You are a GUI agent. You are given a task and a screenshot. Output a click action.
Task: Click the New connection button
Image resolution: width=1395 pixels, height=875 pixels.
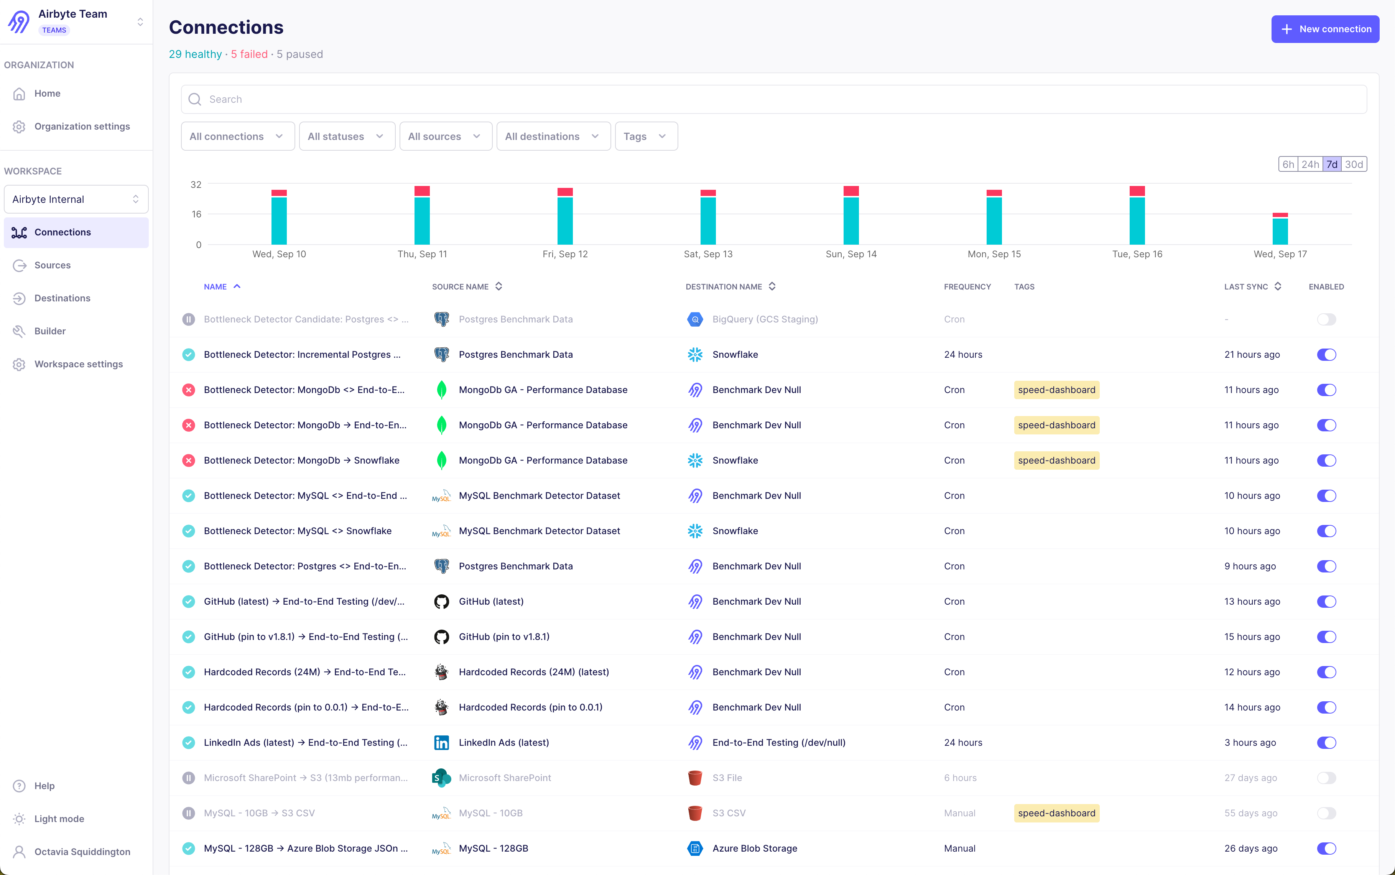1324,29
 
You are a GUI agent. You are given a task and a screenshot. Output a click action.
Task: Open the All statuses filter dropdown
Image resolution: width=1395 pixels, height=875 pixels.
346,137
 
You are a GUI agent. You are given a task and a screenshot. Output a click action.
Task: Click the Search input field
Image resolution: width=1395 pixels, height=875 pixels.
773,100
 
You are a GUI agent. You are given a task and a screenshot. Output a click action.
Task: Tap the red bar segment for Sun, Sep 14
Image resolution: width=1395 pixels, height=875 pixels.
850,191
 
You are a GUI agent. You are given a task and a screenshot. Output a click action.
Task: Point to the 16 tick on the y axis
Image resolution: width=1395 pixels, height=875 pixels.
197,214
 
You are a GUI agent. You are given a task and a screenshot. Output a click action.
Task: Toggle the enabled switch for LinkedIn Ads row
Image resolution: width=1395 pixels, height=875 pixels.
1326,742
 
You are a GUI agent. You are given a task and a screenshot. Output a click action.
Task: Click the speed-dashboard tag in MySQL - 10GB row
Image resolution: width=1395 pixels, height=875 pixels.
1056,813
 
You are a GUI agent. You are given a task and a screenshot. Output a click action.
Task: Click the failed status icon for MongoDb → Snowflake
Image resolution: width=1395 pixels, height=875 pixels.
189,461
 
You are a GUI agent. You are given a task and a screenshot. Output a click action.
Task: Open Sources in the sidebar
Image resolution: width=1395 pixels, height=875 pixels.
52,265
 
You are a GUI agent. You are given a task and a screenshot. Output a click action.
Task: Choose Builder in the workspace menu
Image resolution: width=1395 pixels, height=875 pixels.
50,331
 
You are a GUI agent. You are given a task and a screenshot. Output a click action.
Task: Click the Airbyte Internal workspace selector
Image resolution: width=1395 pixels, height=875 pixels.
76,199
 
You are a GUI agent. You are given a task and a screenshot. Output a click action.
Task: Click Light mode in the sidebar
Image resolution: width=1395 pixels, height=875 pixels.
59,819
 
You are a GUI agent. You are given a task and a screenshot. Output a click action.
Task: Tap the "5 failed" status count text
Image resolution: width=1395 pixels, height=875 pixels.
249,54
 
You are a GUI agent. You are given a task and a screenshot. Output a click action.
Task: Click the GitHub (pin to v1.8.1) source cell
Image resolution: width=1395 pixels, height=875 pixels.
503,637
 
